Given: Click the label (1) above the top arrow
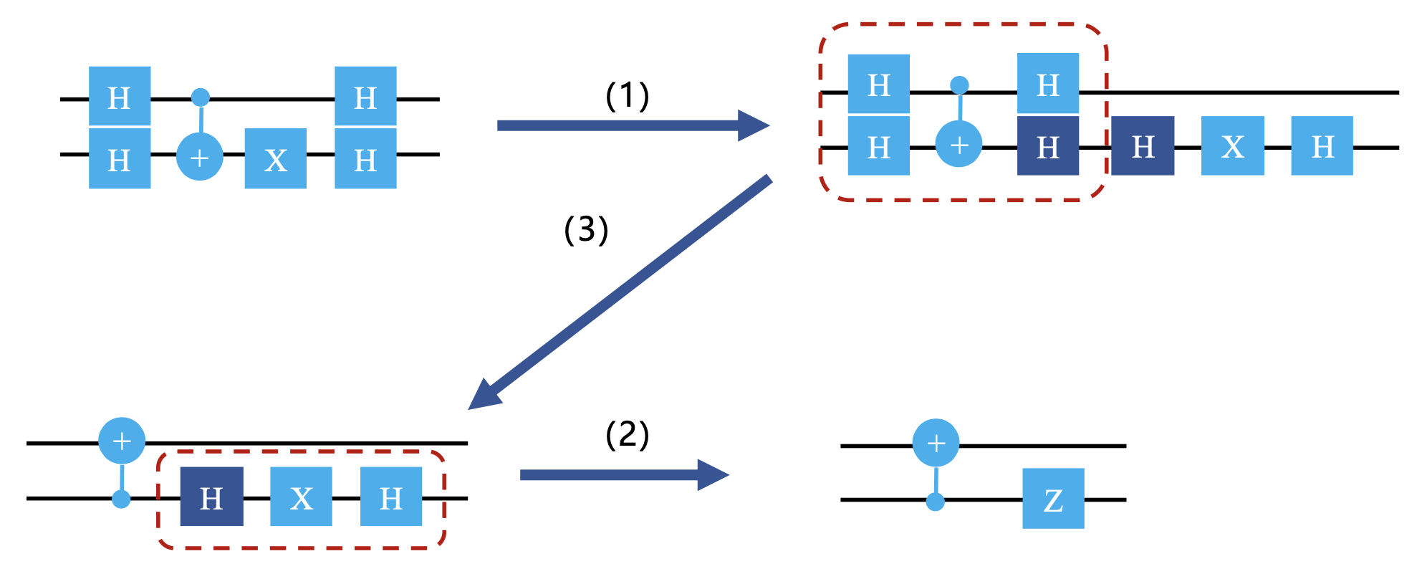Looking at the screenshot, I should click(628, 96).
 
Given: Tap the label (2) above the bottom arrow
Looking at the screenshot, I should click(628, 435).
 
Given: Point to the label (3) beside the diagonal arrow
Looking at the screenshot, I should click(586, 229).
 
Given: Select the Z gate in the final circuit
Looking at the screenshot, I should click(1052, 499).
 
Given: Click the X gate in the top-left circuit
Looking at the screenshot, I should click(276, 158).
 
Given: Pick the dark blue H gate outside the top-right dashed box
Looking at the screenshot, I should click(1143, 146).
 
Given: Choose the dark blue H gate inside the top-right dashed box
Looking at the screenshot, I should click(1048, 146).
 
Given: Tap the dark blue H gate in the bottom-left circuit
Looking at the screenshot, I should click(211, 497).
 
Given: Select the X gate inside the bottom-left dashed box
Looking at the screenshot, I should click(301, 497).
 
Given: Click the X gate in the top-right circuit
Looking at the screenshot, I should click(1232, 146).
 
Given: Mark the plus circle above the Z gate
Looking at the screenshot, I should click(936, 443).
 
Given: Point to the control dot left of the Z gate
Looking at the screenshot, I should click(935, 501).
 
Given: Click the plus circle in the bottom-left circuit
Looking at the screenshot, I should click(122, 440).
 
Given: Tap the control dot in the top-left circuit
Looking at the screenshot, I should click(201, 97).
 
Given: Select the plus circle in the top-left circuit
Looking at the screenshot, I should click(200, 156).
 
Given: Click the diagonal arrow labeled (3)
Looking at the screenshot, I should click(620, 292).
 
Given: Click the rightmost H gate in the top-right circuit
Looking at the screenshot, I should click(1322, 146).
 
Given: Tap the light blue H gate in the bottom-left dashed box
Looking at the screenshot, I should click(391, 497).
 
